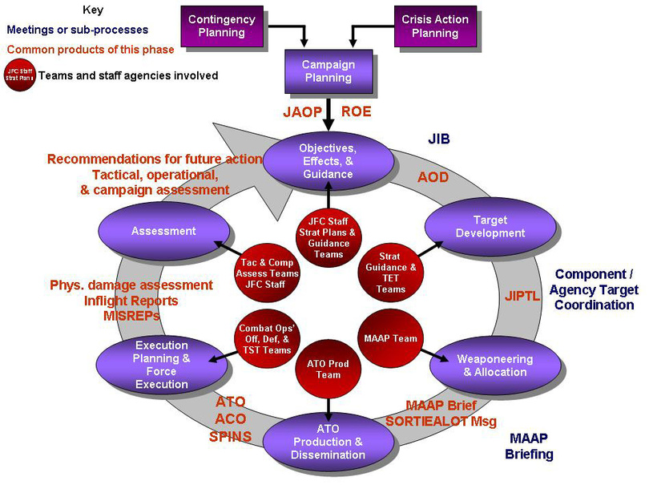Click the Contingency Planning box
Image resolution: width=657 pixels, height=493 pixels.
(x=221, y=26)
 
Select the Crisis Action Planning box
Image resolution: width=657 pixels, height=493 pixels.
(x=435, y=26)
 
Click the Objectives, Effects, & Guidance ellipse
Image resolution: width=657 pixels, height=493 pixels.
(x=328, y=161)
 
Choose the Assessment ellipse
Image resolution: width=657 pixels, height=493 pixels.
(x=163, y=231)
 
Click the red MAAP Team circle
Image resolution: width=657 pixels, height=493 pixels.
(x=390, y=338)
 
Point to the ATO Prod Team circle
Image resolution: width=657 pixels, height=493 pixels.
(x=328, y=370)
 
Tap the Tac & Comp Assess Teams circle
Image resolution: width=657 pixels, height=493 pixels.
(x=268, y=273)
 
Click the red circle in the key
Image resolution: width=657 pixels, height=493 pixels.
(x=19, y=75)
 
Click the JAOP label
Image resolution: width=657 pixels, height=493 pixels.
(x=302, y=111)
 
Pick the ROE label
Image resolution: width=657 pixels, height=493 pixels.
(x=357, y=111)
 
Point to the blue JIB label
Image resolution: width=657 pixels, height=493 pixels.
(x=438, y=139)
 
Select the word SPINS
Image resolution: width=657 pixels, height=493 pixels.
(x=231, y=437)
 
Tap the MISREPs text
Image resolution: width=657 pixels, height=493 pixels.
(x=132, y=316)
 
